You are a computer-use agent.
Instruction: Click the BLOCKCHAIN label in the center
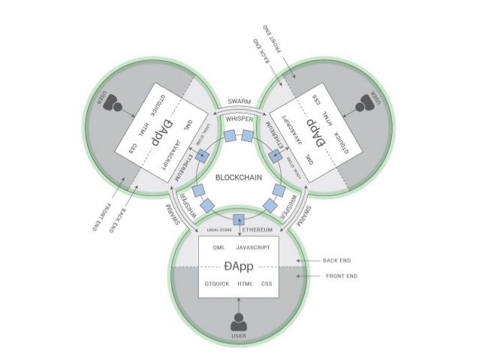(x=239, y=178)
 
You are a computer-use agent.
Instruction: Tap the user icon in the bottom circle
(x=238, y=321)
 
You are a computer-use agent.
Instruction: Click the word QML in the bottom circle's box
(x=219, y=247)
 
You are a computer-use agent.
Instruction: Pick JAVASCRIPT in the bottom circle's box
(x=257, y=247)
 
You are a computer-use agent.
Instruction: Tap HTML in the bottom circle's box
(x=245, y=284)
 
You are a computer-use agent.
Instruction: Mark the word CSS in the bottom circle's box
(x=267, y=284)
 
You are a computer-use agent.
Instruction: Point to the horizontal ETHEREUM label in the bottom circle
(x=260, y=228)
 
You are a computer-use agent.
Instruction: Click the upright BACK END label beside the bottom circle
(x=336, y=261)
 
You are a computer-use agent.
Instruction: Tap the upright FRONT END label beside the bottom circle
(x=339, y=277)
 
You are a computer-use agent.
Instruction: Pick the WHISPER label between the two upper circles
(x=239, y=118)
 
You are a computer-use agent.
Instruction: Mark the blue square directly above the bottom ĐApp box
(x=239, y=220)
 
